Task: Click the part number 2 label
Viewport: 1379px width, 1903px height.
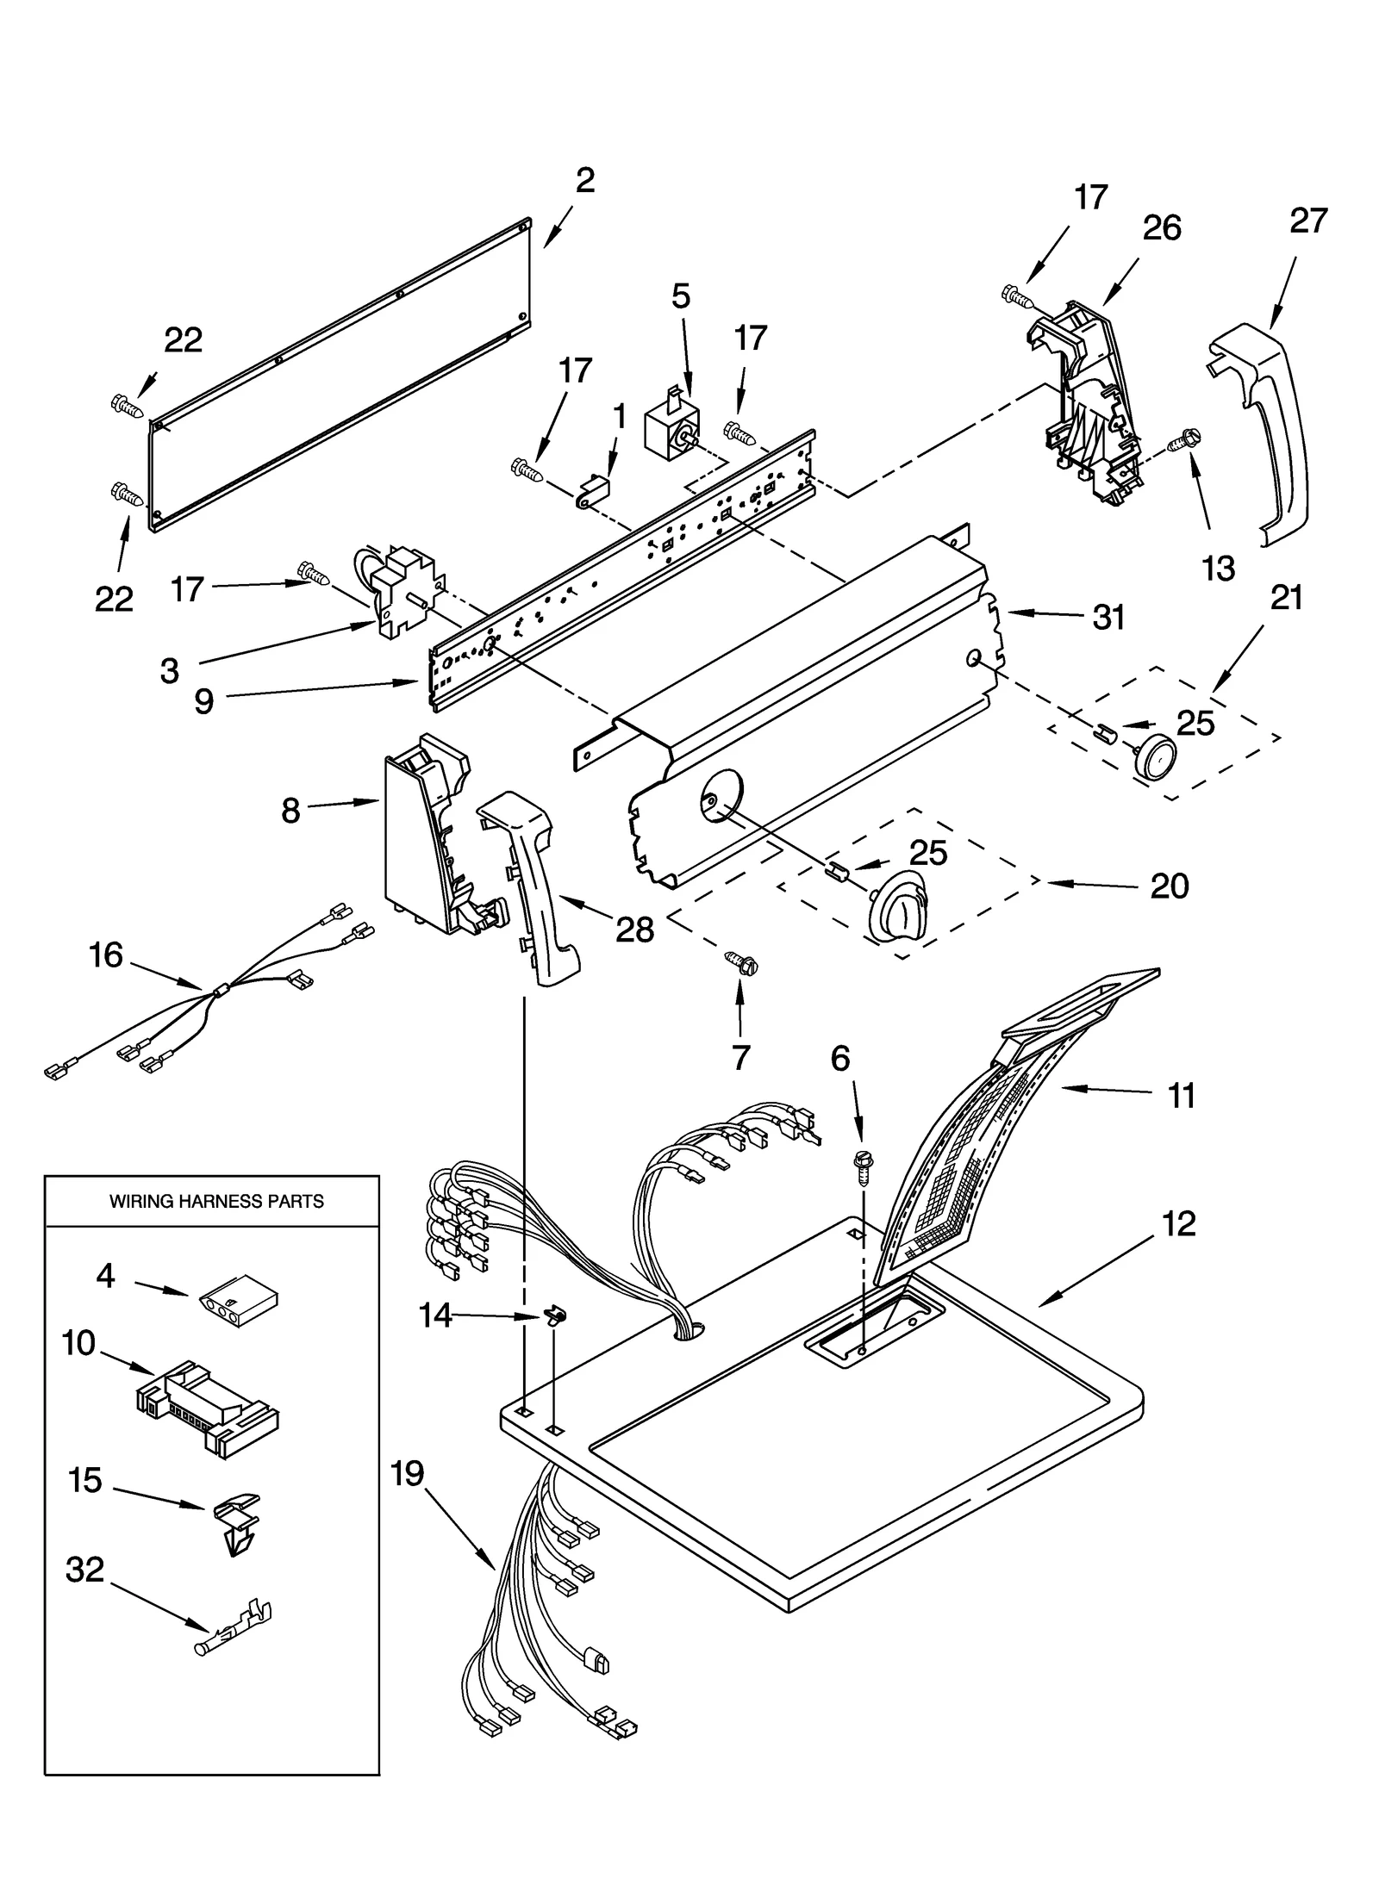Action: [584, 180]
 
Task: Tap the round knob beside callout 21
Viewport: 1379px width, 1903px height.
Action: [1154, 757]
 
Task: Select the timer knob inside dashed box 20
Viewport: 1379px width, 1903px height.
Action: [897, 905]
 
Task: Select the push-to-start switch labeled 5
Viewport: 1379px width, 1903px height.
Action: [671, 426]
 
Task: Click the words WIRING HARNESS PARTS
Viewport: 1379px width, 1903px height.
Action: [216, 1201]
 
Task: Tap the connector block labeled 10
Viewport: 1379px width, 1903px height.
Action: [207, 1408]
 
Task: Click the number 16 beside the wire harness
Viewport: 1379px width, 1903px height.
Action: [106, 955]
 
